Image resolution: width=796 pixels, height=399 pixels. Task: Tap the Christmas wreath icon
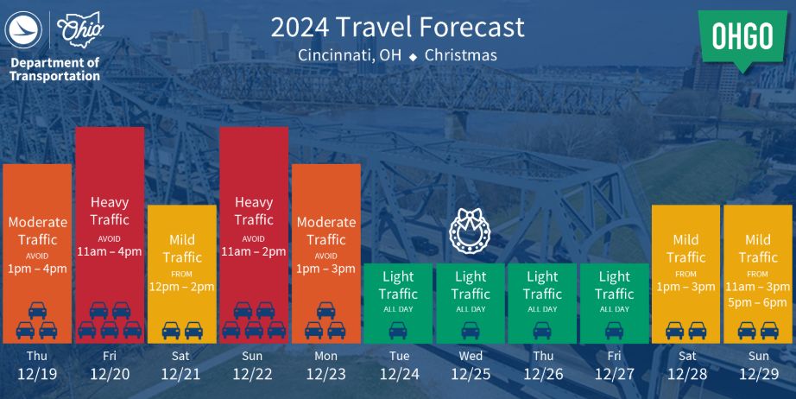(470, 231)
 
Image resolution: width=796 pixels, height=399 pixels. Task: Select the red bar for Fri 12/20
(110, 235)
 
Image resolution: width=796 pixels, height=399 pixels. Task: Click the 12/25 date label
(471, 374)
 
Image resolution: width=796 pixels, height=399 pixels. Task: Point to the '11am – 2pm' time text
(253, 251)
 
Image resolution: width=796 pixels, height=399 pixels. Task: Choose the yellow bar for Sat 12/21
(182, 274)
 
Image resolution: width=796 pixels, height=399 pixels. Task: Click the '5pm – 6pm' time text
(757, 302)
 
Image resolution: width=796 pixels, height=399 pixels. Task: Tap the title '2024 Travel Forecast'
(397, 27)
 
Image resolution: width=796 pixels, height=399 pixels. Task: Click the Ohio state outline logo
(79, 29)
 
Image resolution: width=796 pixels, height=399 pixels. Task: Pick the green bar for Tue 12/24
(398, 303)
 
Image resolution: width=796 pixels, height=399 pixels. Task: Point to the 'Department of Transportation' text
(55, 70)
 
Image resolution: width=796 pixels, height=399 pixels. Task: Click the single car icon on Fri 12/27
(614, 331)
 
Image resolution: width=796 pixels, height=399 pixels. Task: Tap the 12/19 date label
(38, 374)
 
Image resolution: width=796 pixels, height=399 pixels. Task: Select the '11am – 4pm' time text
(109, 251)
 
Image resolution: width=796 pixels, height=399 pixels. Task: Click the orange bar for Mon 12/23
(326, 254)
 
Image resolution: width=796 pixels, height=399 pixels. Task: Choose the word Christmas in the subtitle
(461, 54)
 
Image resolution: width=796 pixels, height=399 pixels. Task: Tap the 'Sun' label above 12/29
(758, 356)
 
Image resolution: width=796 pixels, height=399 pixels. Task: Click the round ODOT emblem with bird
(22, 30)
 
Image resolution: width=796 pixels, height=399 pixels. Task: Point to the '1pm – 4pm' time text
(37, 269)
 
